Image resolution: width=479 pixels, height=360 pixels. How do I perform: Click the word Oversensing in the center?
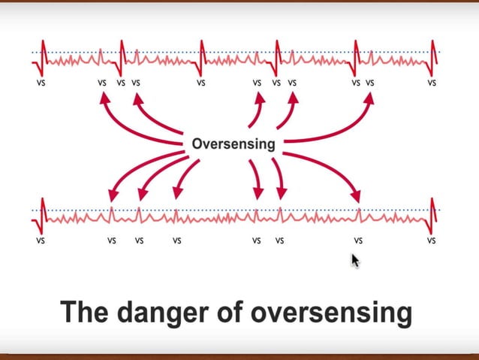click(x=233, y=143)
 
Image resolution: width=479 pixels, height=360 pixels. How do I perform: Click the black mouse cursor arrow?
click(x=355, y=261)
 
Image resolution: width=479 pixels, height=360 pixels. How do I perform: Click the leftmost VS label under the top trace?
click(x=41, y=83)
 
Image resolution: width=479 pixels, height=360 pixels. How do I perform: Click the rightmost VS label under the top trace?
click(x=432, y=83)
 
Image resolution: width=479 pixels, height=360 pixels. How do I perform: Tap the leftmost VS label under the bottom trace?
click(x=41, y=241)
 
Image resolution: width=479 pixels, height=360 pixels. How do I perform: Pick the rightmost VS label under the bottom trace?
click(x=432, y=241)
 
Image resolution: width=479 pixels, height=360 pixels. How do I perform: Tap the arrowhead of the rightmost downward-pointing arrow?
click(x=358, y=198)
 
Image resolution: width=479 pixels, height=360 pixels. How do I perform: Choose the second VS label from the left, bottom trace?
click(x=111, y=241)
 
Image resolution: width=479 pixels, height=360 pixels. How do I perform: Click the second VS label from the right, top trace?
click(x=369, y=83)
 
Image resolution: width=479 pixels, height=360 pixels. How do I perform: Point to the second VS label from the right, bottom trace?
click(x=358, y=241)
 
